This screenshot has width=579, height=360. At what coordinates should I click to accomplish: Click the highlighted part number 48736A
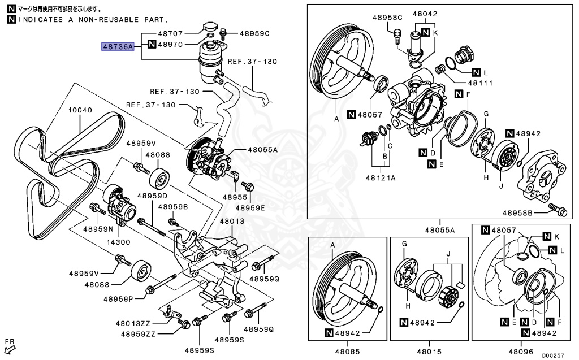(118, 46)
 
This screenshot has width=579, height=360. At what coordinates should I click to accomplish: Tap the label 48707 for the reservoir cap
(170, 33)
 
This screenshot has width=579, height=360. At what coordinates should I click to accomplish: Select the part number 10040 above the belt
(80, 110)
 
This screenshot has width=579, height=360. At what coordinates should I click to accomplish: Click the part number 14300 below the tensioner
(118, 242)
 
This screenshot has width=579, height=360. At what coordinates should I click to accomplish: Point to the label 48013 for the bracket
(232, 221)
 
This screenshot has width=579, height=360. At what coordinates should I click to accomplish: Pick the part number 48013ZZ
(133, 323)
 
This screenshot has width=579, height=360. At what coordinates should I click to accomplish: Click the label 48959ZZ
(138, 334)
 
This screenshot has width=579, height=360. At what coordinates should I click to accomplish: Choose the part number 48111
(480, 83)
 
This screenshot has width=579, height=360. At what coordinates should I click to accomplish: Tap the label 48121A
(381, 178)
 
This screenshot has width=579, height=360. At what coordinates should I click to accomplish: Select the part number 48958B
(517, 213)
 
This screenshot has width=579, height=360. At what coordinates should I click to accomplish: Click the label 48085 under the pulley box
(347, 352)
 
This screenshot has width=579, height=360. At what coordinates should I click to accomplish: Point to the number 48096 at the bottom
(521, 352)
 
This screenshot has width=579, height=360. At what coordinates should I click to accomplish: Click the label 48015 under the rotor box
(429, 352)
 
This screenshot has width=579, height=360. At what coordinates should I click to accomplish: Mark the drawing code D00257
(553, 355)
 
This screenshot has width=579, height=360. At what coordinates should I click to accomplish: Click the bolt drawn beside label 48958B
(558, 210)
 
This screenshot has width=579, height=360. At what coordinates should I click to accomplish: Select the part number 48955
(235, 197)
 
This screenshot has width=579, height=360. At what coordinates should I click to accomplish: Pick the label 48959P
(118, 299)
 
